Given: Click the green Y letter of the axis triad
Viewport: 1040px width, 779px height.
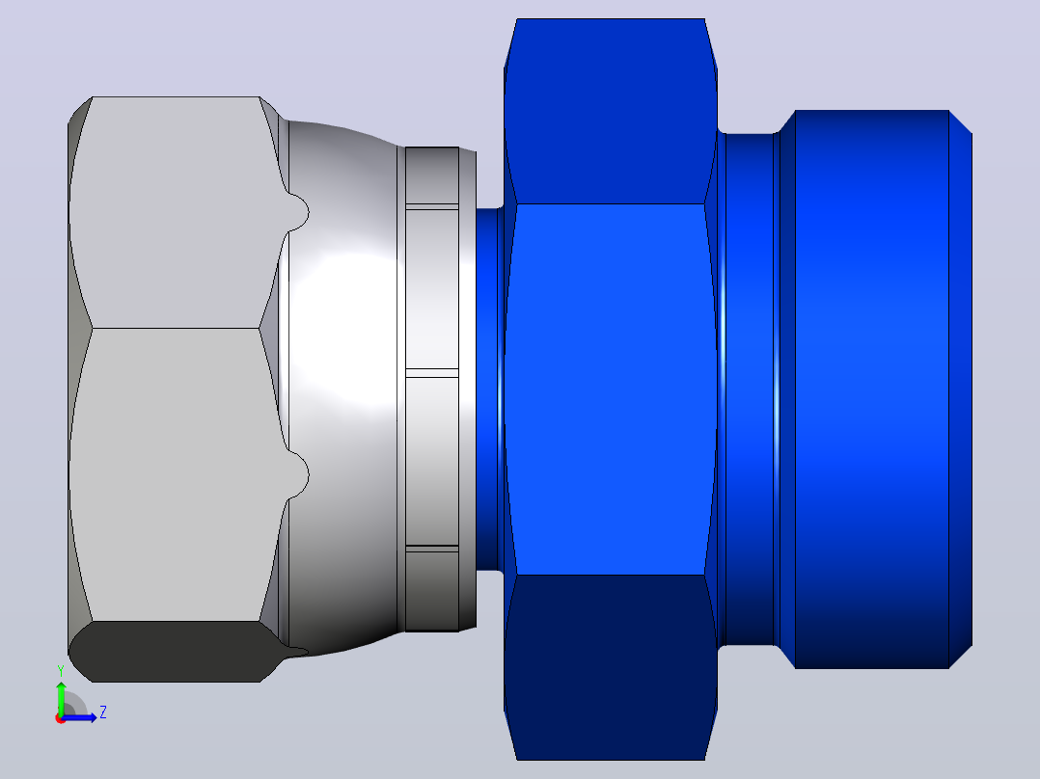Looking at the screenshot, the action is pyautogui.click(x=61, y=671).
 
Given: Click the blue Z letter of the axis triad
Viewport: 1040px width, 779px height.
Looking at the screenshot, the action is pyautogui.click(x=103, y=712).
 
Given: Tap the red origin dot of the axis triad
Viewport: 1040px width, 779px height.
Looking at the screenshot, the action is pyautogui.click(x=61, y=718).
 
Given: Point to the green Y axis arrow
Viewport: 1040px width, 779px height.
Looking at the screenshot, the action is pyautogui.click(x=61, y=699).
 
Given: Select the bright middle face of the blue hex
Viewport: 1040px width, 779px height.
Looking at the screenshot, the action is pyautogui.click(x=610, y=389).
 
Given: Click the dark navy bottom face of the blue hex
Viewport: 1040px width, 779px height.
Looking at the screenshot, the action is pyautogui.click(x=610, y=666).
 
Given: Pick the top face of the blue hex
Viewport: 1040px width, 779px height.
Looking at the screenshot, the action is pyautogui.click(x=610, y=112).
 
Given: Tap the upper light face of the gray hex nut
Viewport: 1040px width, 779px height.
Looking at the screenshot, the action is pyautogui.click(x=176, y=212).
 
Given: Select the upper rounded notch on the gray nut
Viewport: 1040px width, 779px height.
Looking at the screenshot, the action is pyautogui.click(x=298, y=212).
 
